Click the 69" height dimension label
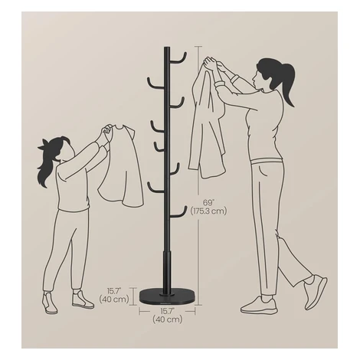coord(208,203)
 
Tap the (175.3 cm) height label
coord(208,211)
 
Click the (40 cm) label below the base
coord(168,319)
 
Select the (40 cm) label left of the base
coord(114,299)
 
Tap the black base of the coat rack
coord(168,296)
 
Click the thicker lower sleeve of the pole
coord(167,270)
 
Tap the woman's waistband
coord(267,162)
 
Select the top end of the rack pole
coord(167,47)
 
